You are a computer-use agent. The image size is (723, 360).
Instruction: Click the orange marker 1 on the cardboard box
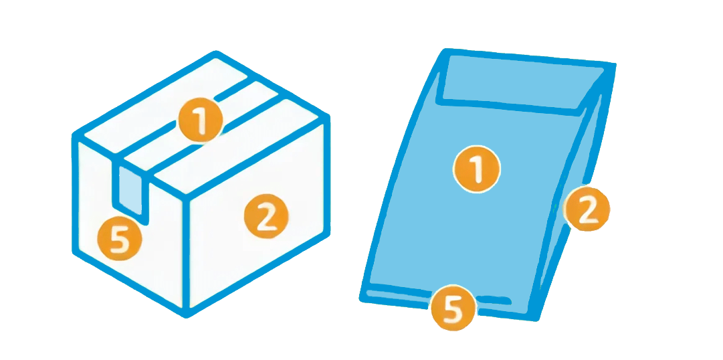click(x=201, y=121)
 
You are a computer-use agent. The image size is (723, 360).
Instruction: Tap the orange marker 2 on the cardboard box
click(x=266, y=216)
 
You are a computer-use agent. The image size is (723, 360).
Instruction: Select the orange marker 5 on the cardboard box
click(x=120, y=239)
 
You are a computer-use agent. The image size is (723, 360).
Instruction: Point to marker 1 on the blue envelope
click(x=477, y=169)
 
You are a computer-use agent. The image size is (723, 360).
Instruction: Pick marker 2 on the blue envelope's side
click(x=587, y=209)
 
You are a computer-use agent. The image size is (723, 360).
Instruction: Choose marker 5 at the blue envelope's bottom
click(x=453, y=308)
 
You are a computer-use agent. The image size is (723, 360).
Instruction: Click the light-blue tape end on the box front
click(x=130, y=190)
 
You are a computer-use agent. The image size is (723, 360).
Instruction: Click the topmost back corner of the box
click(x=216, y=53)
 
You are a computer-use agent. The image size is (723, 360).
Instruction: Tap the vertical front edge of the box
click(x=187, y=254)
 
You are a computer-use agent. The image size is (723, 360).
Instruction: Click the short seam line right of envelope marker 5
click(x=494, y=300)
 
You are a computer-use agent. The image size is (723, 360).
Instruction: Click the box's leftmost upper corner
click(x=75, y=135)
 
